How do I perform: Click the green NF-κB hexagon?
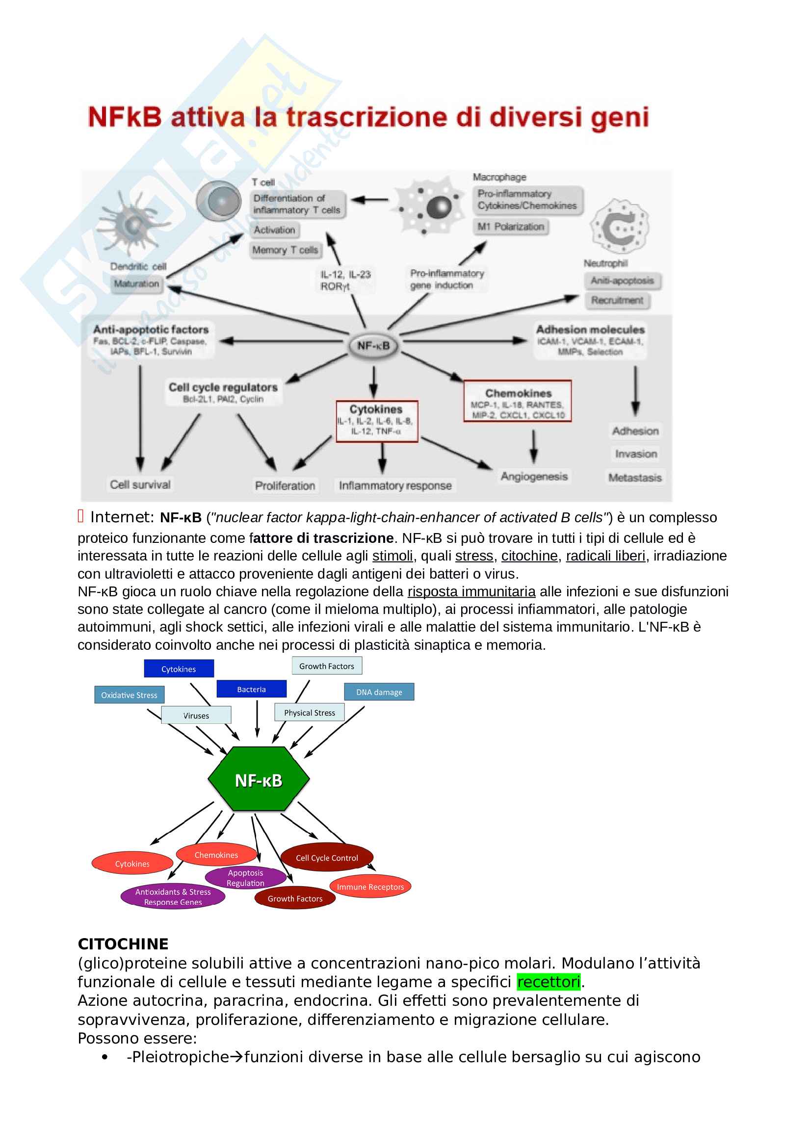[259, 780]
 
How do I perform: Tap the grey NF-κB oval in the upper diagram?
[373, 346]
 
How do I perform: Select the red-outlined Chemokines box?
[517, 401]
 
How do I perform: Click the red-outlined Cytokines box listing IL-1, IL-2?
[377, 421]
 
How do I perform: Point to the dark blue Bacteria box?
[251, 689]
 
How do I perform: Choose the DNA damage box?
[379, 692]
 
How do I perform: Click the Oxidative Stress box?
[129, 695]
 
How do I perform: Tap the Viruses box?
[196, 715]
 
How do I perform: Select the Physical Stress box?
[309, 713]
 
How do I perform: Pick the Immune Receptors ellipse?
[370, 887]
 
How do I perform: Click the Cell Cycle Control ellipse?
[327, 858]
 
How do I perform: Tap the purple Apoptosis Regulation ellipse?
[245, 878]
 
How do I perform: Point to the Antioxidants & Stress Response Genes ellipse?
[173, 897]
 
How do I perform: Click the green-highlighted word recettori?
[548, 982]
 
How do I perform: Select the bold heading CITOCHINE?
[123, 943]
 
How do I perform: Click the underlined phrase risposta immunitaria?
[471, 591]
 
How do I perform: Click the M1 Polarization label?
[510, 227]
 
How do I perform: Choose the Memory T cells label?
[285, 250]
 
